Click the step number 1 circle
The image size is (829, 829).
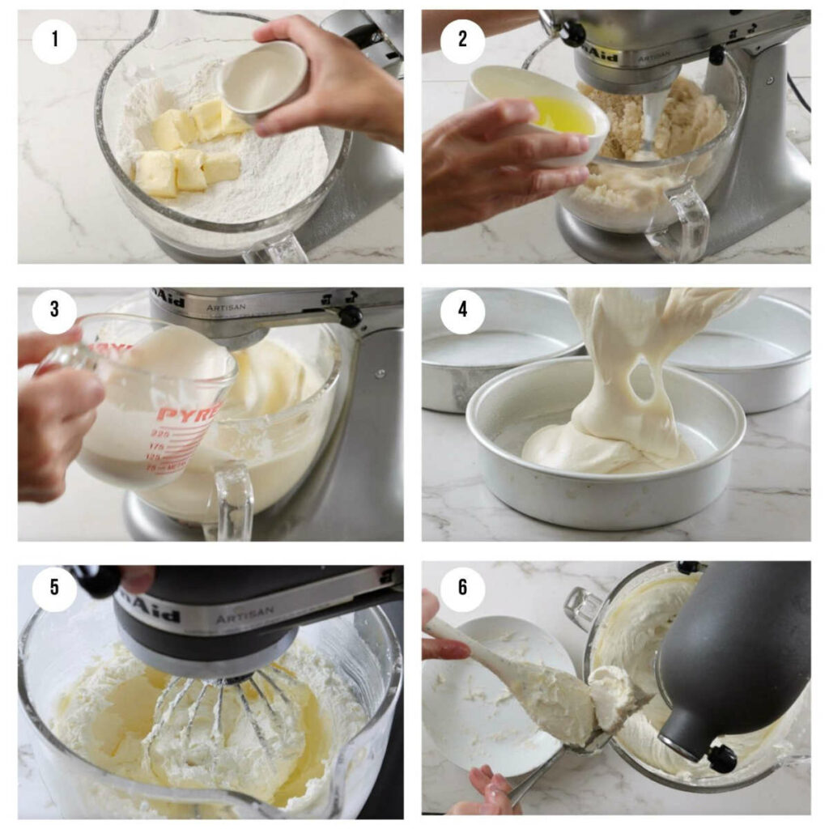tap(54, 39)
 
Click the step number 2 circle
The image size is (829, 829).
tap(462, 39)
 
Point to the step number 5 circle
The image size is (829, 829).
tap(54, 587)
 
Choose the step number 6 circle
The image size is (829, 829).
tap(462, 587)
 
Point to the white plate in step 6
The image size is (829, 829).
tap(486, 696)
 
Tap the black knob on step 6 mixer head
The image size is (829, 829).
tap(721, 759)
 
